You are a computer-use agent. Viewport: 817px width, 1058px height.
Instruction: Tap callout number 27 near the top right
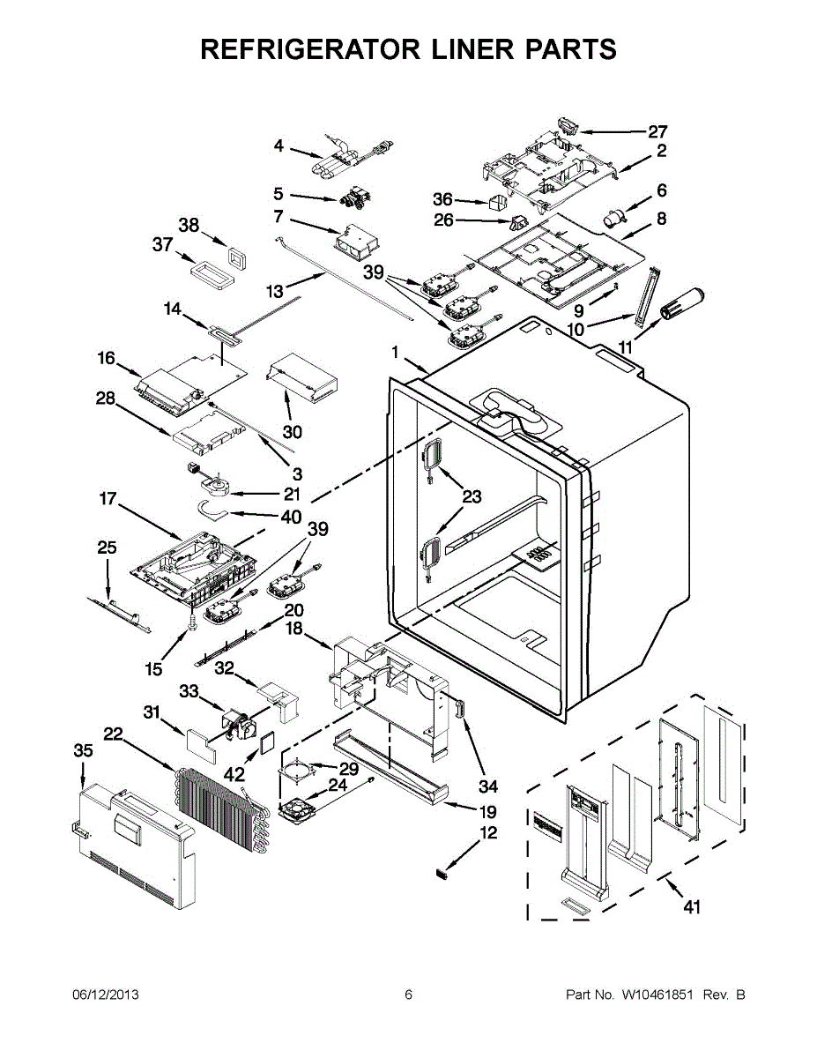657,131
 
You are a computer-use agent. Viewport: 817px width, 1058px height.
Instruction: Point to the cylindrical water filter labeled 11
681,303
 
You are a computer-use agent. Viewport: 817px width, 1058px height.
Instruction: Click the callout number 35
83,751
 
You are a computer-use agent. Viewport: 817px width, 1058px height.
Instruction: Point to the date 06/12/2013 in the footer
106,995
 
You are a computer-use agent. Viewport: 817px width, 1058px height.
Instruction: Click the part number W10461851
657,995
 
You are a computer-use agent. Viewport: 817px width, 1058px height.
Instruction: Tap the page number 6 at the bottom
409,995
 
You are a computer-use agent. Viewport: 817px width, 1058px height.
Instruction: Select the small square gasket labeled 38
236,257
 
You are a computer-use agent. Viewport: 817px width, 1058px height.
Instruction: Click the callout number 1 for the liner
395,352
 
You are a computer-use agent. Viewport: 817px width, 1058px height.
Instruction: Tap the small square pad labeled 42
268,743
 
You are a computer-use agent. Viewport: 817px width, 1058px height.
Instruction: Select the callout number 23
472,496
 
